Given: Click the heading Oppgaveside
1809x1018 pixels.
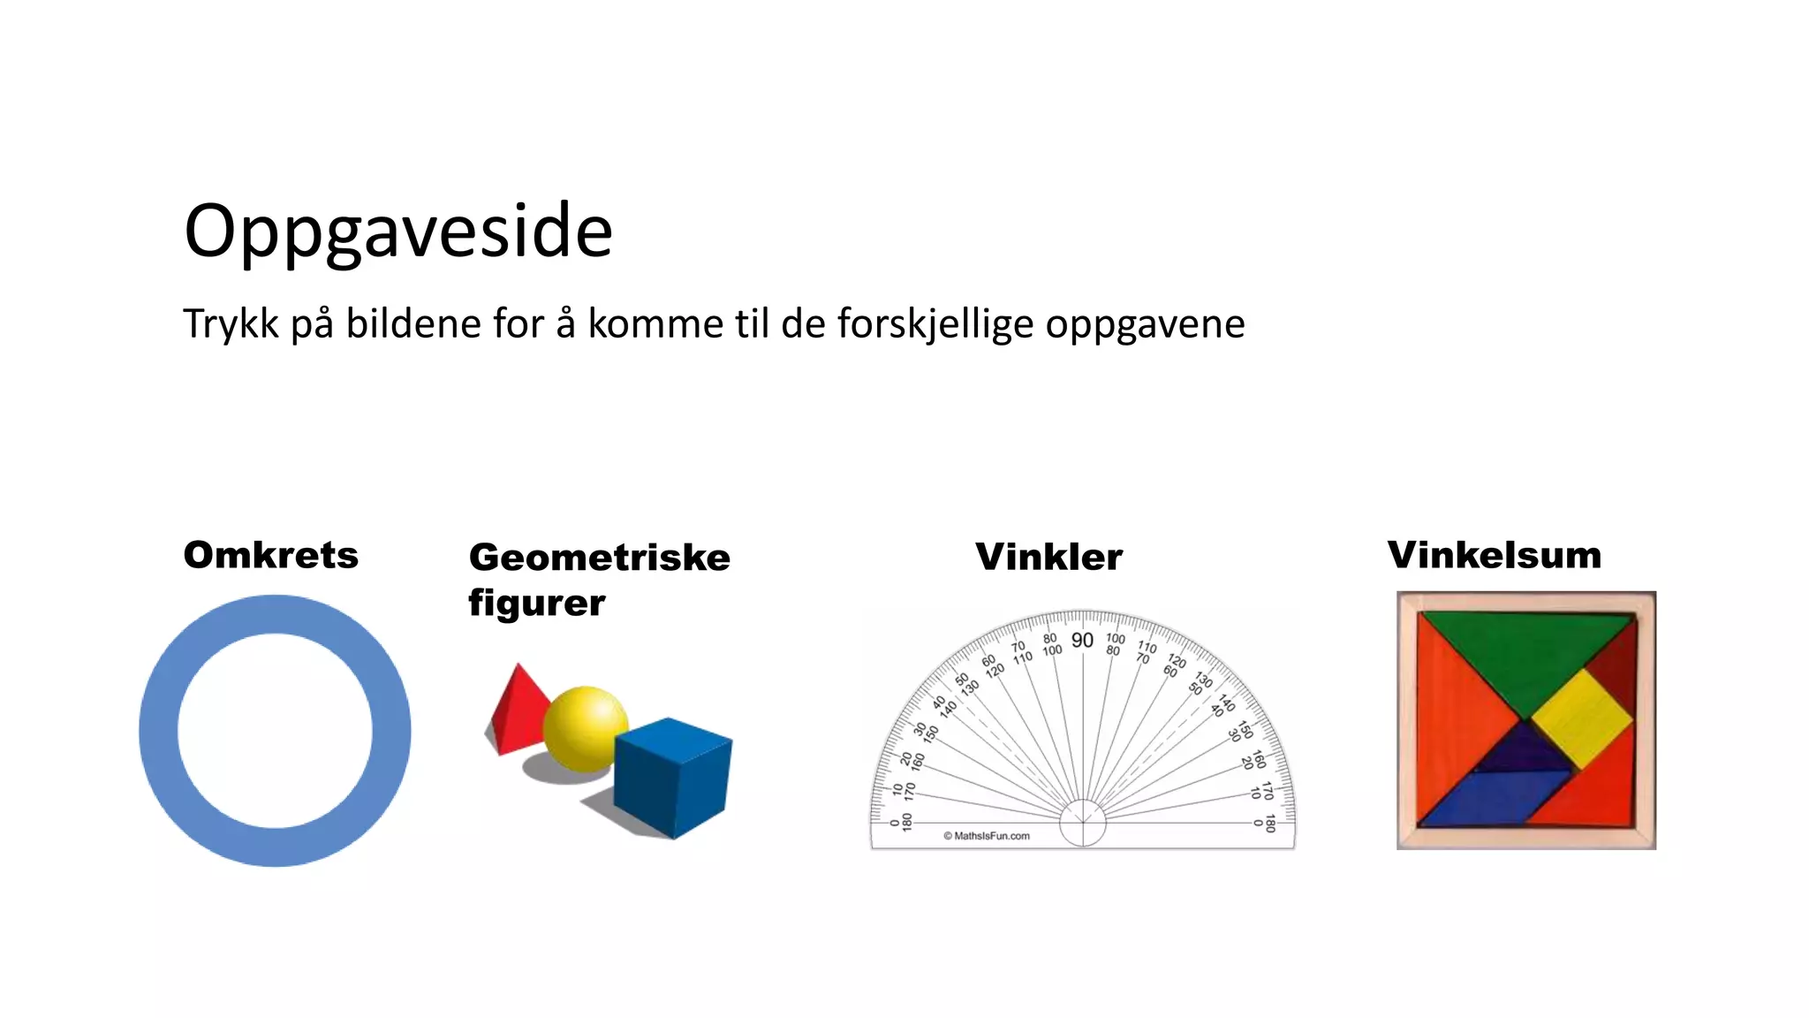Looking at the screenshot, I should (397, 232).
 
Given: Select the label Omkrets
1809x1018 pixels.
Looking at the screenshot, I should (270, 555).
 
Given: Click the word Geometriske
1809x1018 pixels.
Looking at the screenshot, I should (599, 558).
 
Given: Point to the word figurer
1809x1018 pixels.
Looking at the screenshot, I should (536, 604).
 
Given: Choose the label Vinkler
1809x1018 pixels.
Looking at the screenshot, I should (1048, 557).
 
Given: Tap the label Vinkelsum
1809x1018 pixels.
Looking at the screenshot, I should (1494, 555).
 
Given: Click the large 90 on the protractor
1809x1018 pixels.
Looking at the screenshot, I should (1082, 641).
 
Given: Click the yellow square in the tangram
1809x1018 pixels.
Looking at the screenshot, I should (1581, 718).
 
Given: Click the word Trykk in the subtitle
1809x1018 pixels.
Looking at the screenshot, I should (231, 323).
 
